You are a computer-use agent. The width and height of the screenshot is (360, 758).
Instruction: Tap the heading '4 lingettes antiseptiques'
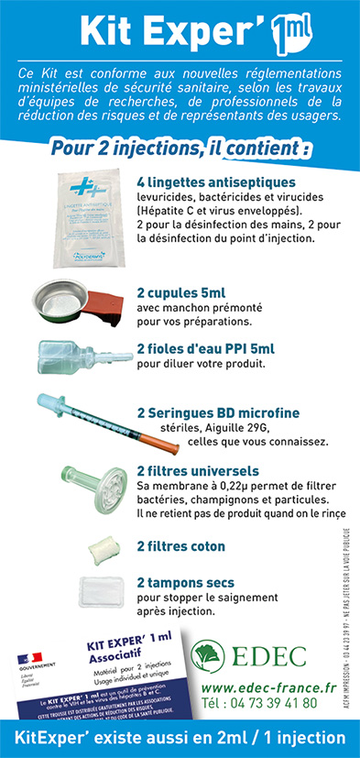point(214,181)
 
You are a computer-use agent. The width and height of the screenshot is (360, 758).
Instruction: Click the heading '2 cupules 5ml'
point(181,292)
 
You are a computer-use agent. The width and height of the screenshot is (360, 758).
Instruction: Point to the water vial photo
point(76,355)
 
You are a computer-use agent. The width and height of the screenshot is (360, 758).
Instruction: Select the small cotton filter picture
point(98,548)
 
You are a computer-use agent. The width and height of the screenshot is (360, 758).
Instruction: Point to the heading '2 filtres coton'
point(180,546)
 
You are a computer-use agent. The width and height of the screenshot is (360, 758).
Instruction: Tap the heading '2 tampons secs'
point(185,582)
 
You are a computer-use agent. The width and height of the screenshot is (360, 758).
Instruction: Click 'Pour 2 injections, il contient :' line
point(180,147)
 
